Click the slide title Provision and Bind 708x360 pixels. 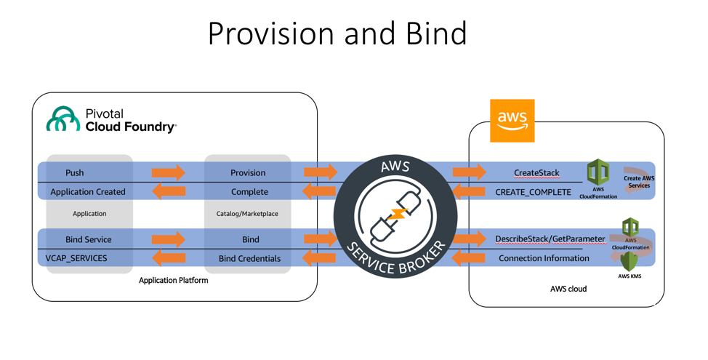click(x=337, y=33)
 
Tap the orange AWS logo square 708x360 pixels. click(x=512, y=120)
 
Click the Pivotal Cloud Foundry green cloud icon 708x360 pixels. click(x=63, y=120)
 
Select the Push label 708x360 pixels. click(x=74, y=173)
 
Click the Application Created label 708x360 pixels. click(x=87, y=192)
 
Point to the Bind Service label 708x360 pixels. click(x=88, y=239)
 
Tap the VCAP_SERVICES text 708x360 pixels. click(x=76, y=258)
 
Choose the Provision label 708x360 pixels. click(x=248, y=173)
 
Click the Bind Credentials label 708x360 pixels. click(x=249, y=258)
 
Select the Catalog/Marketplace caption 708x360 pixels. click(x=247, y=214)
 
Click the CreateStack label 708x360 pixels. click(x=536, y=173)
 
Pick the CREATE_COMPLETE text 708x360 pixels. click(x=533, y=192)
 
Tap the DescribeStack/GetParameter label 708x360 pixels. click(x=550, y=239)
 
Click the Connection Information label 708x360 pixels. click(x=544, y=258)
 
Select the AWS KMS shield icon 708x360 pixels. click(x=629, y=260)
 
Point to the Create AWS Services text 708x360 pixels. click(x=638, y=182)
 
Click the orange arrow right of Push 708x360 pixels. click(x=169, y=173)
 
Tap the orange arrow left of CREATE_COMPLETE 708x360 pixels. click(x=469, y=192)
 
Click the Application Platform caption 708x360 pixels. click(x=173, y=280)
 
